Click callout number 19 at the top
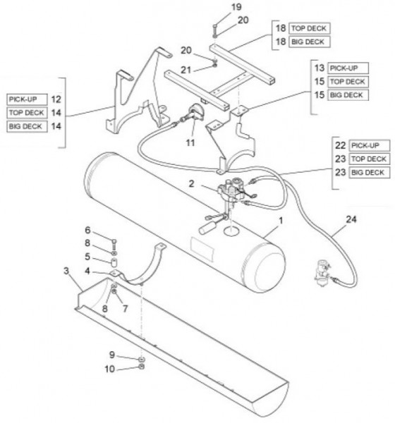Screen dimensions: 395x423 (x=236, y=7)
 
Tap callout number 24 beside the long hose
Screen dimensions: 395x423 (x=351, y=219)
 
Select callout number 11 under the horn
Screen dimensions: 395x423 (x=190, y=142)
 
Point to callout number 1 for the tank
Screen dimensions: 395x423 (x=281, y=221)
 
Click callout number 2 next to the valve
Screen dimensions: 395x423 (x=191, y=184)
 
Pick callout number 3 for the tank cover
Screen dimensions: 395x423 (x=66, y=271)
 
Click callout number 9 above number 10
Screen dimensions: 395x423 (x=112, y=355)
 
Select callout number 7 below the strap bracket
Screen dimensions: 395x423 (x=125, y=308)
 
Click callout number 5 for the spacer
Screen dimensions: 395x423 (x=87, y=257)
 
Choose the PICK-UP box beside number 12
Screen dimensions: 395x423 (x=27, y=99)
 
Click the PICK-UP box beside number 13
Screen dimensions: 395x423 (x=348, y=68)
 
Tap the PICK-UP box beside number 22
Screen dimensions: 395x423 (x=370, y=145)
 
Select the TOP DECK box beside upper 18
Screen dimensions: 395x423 (x=310, y=28)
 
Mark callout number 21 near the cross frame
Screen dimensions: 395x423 (x=186, y=70)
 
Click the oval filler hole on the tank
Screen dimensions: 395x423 (x=231, y=231)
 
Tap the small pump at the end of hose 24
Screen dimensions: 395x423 (x=322, y=272)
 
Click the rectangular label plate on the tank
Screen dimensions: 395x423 (x=202, y=249)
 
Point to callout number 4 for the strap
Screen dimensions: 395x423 (x=87, y=271)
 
